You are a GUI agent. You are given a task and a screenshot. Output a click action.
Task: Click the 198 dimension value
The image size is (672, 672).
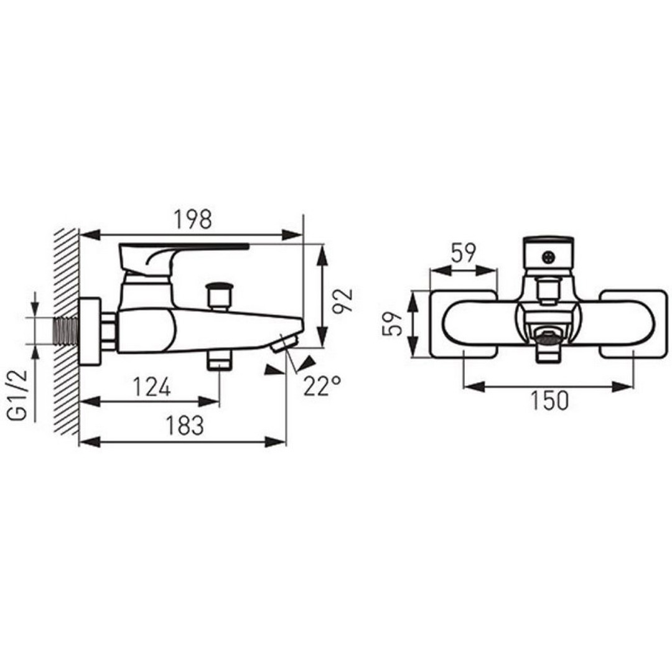[193, 220]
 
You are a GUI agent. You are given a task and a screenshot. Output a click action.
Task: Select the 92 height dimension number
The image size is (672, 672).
[343, 301]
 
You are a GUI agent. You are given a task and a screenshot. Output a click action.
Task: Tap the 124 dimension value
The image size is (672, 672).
[152, 387]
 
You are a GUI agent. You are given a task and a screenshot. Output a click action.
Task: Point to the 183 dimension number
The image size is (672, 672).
[185, 426]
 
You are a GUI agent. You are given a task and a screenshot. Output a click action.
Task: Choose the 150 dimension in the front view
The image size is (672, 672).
[549, 401]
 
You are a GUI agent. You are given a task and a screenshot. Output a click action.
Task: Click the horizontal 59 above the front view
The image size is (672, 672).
[464, 253]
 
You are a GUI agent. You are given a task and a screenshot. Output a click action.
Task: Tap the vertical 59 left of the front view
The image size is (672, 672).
[392, 324]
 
